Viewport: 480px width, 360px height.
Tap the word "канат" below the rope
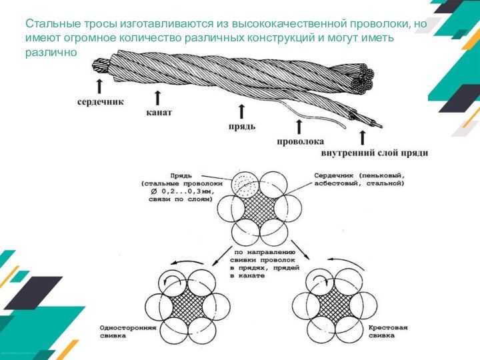[159, 113]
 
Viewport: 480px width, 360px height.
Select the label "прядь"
[242, 125]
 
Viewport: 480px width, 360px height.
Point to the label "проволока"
[301, 141]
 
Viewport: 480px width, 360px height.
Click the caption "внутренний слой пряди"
[375, 153]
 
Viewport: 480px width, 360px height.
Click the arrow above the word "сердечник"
[99, 86]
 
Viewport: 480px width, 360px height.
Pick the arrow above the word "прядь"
[241, 110]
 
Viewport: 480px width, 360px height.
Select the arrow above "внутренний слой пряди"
[363, 137]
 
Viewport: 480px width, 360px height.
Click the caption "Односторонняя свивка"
[128, 331]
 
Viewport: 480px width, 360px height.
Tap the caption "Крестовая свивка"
[389, 331]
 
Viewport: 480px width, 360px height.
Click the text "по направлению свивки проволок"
[257, 257]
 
